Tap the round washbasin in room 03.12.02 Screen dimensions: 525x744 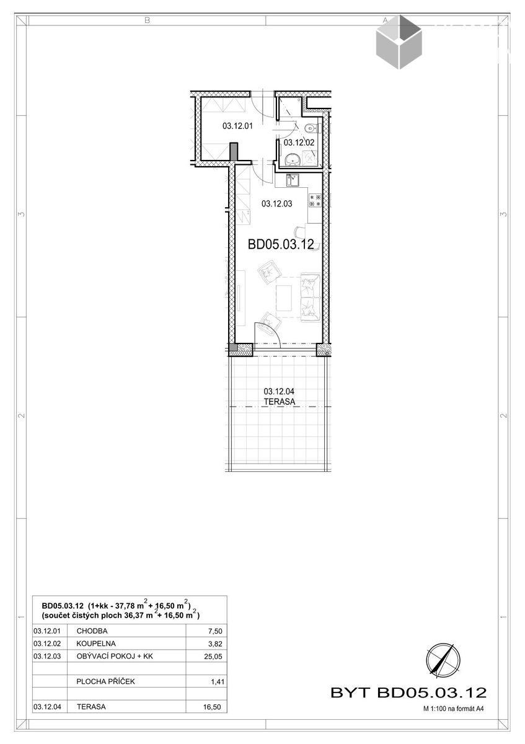tap(292, 159)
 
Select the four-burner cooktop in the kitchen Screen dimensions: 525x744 tap(315, 200)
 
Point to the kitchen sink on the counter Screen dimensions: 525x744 tap(293, 180)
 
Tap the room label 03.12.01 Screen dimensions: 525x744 tap(237, 126)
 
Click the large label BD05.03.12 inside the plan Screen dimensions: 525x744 tap(281, 244)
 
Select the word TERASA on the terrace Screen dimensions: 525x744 tap(280, 402)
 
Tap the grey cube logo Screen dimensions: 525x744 tap(399, 42)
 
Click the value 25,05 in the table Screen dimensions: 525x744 tap(213, 657)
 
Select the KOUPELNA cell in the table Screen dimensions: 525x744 tap(96, 644)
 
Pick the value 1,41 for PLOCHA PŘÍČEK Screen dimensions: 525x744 tap(218, 682)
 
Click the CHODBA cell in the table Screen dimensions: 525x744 tap(92, 631)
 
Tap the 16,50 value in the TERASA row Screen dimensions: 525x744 tap(212, 707)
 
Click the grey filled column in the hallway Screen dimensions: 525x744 tap(234, 153)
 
